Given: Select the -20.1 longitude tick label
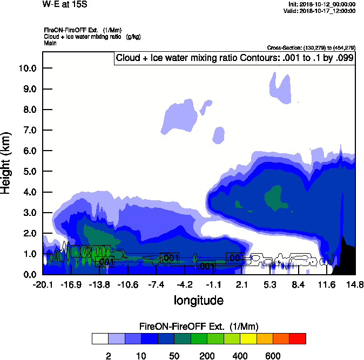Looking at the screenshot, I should tap(43, 284).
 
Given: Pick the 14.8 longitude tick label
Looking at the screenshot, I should tap(355, 284).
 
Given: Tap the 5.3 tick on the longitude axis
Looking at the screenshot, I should tap(270, 284).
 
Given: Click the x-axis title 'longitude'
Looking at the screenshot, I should tap(199, 300).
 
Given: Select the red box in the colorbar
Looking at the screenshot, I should tap(297, 338).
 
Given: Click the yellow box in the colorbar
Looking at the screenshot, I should tap(248, 338).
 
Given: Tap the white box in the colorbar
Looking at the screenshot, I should tap(100, 338).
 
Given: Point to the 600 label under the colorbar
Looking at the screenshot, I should tap(273, 356).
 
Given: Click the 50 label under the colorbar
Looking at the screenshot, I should tap(174, 356).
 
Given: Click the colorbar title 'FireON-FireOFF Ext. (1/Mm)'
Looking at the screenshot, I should tap(199, 327).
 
